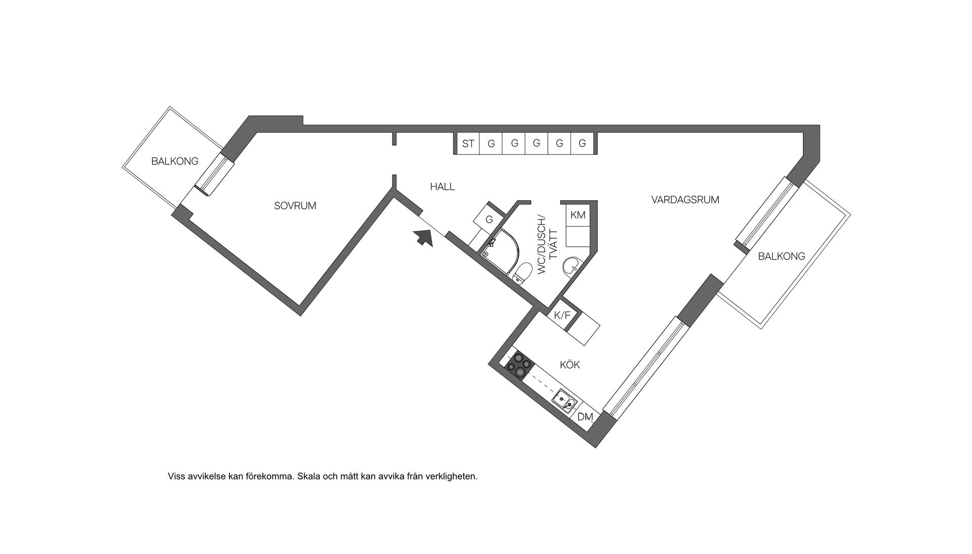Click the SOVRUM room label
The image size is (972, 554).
click(x=295, y=206)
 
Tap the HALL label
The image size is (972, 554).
click(x=442, y=187)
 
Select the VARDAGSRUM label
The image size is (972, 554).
click(x=685, y=200)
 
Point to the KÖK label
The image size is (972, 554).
click(x=570, y=365)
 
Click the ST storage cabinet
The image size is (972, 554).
click(x=468, y=144)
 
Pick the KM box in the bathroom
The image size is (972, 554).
click(x=578, y=215)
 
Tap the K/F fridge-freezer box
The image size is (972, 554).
click(x=562, y=316)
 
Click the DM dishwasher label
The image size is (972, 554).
click(x=585, y=417)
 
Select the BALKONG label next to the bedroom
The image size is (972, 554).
click(x=175, y=161)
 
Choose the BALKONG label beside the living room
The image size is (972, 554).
click(x=781, y=257)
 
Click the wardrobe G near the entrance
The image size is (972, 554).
click(x=489, y=220)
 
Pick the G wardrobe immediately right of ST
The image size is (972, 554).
click(x=491, y=144)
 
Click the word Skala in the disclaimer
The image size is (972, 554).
click(x=308, y=476)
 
